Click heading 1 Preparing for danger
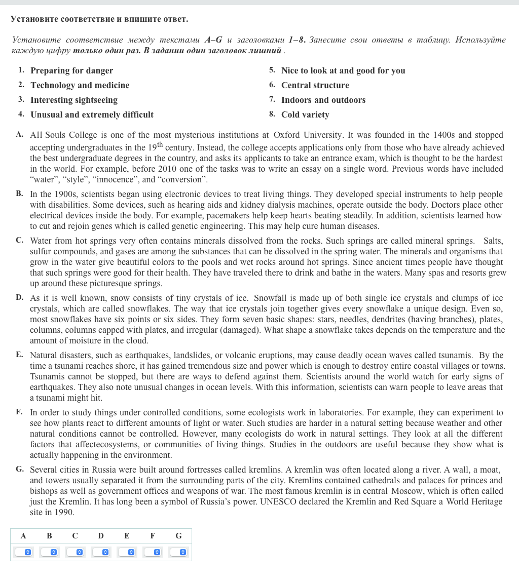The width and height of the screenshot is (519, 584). [71, 71]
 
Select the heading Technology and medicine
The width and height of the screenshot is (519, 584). [80, 86]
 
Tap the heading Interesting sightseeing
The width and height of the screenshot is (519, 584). [74, 100]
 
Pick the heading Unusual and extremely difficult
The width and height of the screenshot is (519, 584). [92, 115]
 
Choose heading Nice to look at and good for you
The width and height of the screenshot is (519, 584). [343, 71]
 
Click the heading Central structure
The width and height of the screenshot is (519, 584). [315, 86]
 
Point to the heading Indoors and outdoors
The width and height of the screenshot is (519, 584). [323, 100]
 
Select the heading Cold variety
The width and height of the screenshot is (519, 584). [305, 115]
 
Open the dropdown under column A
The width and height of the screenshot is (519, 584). [23, 552]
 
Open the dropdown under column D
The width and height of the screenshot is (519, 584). [101, 552]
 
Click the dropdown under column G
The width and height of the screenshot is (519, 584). [178, 552]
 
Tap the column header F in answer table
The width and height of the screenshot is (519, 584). [153, 536]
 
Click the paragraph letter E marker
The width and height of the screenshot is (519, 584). [19, 355]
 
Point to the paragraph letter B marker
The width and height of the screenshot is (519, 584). [19, 193]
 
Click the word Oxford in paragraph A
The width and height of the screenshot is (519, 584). [286, 135]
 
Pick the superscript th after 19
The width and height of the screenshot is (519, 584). [160, 145]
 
